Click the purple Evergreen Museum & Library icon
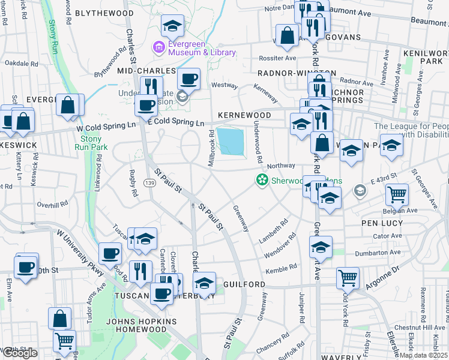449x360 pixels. click(159, 47)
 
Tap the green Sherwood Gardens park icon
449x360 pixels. click(262, 179)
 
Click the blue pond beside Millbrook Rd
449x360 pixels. click(231, 142)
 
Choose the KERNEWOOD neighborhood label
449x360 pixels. click(244, 115)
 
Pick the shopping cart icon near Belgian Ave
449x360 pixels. click(397, 194)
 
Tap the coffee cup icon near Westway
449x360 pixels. click(189, 79)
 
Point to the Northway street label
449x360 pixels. click(281, 166)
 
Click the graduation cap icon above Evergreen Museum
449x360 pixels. click(173, 25)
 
